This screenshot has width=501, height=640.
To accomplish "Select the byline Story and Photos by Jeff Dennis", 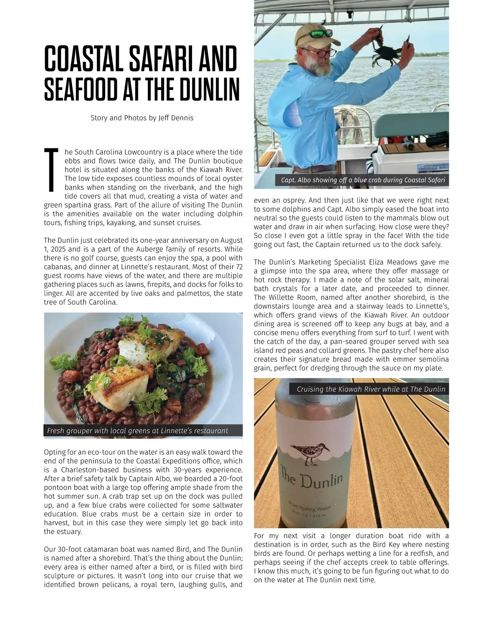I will click(x=142, y=118).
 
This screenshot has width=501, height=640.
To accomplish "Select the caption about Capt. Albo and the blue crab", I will click(x=363, y=180).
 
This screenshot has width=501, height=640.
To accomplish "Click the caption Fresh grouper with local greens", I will click(x=138, y=431).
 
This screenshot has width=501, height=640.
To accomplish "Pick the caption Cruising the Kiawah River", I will click(x=371, y=389).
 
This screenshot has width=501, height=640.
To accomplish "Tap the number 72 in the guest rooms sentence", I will click(x=239, y=267).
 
